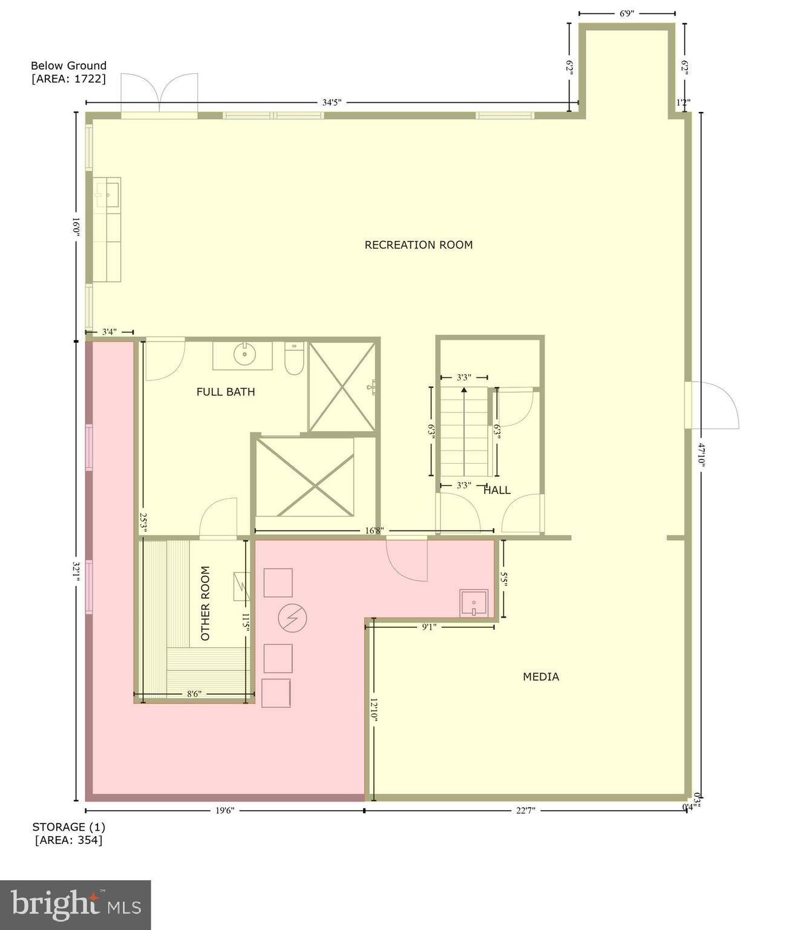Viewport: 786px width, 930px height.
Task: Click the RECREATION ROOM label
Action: point(418,245)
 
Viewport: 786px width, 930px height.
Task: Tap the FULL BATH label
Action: point(226,392)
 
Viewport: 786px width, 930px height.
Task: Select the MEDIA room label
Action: point(541,677)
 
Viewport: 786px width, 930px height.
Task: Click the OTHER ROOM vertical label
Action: point(205,603)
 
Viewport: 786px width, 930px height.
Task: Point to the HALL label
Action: point(497,490)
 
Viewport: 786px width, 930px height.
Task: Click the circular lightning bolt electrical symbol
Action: point(292,618)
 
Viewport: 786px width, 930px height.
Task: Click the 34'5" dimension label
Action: point(332,102)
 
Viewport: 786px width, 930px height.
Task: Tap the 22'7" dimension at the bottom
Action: point(525,810)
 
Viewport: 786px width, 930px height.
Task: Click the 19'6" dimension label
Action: point(224,810)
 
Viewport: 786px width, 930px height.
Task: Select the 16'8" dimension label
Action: point(374,531)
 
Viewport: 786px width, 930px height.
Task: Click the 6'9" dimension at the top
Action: point(626,13)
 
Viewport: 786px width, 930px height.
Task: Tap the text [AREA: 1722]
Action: point(68,79)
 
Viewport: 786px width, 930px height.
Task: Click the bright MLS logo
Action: point(75,905)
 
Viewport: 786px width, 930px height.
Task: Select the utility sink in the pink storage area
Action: point(473,603)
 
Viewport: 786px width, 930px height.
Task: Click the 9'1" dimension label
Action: point(429,627)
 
